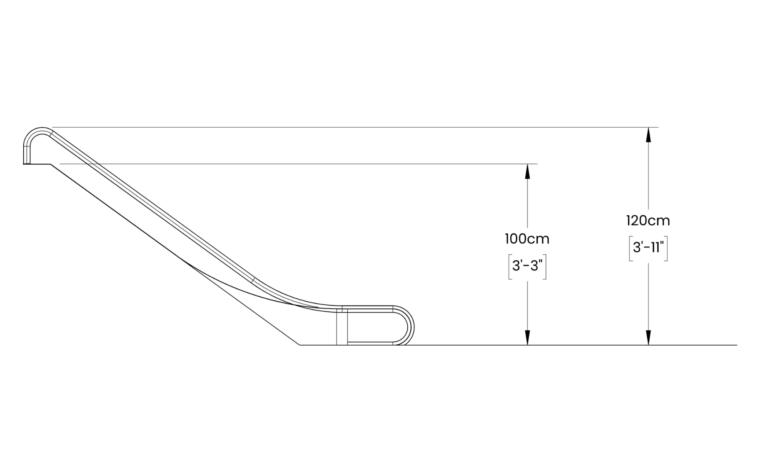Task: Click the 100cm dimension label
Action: (x=527, y=239)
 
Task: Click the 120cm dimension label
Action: (x=648, y=220)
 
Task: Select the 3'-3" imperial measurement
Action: (x=527, y=266)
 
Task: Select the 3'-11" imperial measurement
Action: (x=648, y=247)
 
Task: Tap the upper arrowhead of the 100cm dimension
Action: (x=527, y=171)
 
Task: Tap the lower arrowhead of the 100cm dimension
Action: (x=527, y=337)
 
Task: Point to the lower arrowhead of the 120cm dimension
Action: (x=649, y=337)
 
